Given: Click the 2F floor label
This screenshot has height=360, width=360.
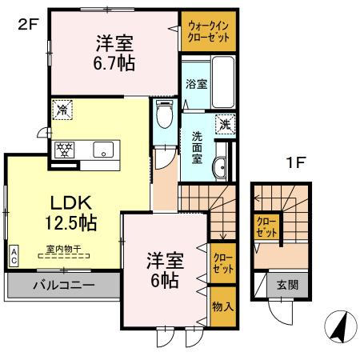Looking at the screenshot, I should pos(28,24).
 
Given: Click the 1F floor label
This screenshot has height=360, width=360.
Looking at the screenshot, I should pos(297,162).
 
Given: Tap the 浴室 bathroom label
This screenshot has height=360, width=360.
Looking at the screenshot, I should pos(196,83).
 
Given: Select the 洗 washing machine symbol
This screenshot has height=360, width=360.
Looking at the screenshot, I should pos(226,123).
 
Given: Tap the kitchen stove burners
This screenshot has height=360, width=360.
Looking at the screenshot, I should pos(64,150).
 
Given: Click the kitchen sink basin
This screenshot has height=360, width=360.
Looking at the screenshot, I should pos(104,149).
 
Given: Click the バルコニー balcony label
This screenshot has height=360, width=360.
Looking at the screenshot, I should pos(64,286).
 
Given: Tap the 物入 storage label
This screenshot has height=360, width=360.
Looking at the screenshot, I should pos(222,307).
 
